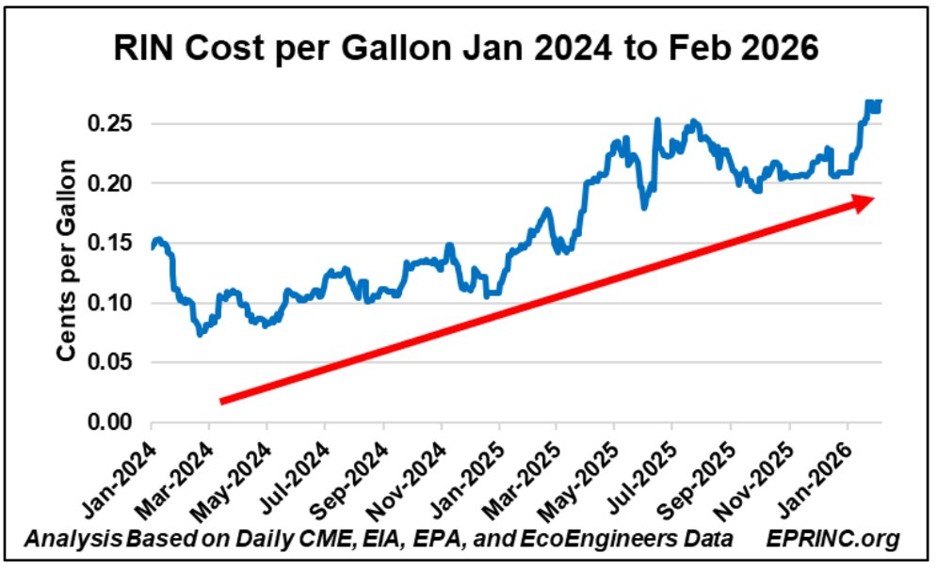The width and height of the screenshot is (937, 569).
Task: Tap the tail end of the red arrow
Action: (x=222, y=401)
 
